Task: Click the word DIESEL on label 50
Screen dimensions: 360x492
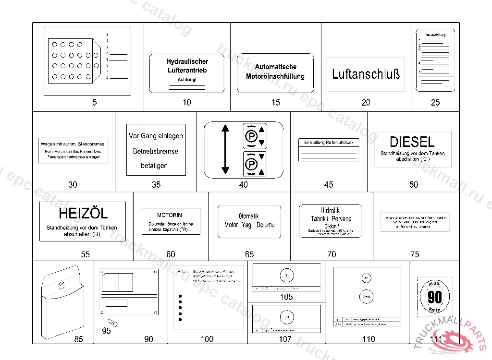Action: point(412,142)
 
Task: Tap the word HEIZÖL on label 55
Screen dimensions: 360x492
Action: point(83,213)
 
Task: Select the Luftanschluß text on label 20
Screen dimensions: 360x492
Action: point(366,74)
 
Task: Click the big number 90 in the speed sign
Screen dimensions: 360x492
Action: point(434,298)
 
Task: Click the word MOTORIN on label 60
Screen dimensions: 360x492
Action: point(170,215)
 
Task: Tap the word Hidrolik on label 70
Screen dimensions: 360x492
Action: point(330,211)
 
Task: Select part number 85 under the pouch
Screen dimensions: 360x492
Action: point(78,339)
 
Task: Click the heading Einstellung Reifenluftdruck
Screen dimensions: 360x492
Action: point(329,143)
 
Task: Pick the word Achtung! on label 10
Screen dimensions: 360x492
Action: point(187,79)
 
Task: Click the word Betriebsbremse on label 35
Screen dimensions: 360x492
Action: point(156,151)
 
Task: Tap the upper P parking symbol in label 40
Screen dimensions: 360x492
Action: point(251,136)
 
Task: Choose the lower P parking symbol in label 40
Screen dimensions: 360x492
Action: point(251,164)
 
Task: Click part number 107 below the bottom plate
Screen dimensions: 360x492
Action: point(285,339)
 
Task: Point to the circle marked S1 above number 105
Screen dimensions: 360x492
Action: point(286,275)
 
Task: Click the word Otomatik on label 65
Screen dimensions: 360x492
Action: point(248,216)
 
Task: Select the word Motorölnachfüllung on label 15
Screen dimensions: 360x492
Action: point(275,76)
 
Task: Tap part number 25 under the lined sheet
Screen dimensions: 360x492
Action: point(435,102)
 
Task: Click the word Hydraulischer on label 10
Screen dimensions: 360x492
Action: point(187,61)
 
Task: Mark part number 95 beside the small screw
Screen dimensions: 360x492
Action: point(107,331)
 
